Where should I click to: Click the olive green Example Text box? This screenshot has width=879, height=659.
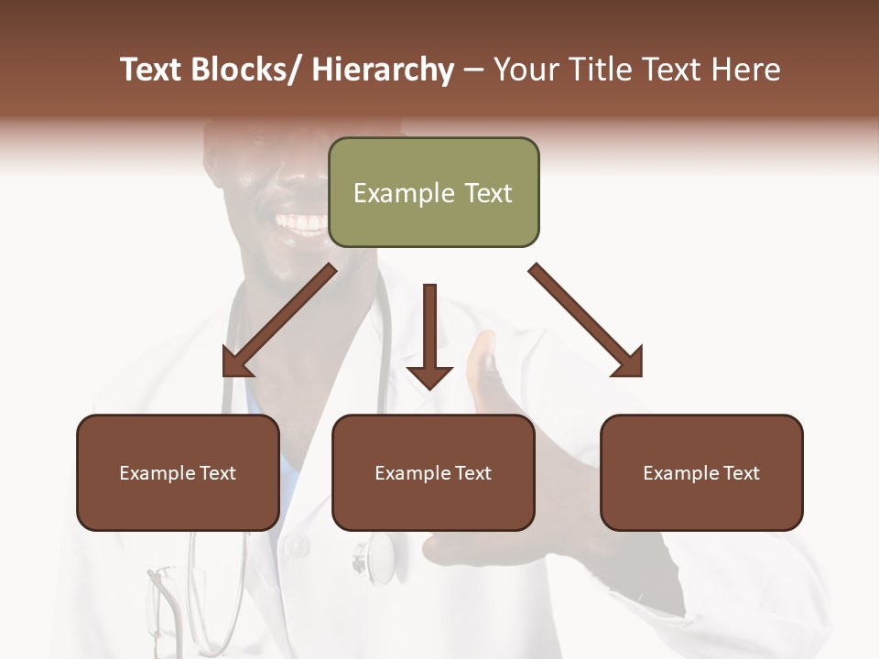pyautogui.click(x=433, y=192)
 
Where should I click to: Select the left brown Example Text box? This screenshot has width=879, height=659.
pyautogui.click(x=178, y=472)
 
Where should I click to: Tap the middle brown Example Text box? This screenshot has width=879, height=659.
pyautogui.click(x=433, y=472)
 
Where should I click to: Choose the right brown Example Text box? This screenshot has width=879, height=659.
pyautogui.click(x=701, y=472)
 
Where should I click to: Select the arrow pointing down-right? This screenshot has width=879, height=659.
pyautogui.click(x=587, y=321)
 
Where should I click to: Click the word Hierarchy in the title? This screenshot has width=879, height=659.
pyautogui.click(x=382, y=70)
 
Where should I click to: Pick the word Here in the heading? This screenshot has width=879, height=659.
pyautogui.click(x=747, y=70)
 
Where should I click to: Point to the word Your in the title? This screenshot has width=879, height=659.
pyautogui.click(x=526, y=70)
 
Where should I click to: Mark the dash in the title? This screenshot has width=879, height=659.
pyautogui.click(x=473, y=70)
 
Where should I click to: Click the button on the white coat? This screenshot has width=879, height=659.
pyautogui.click(x=296, y=547)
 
